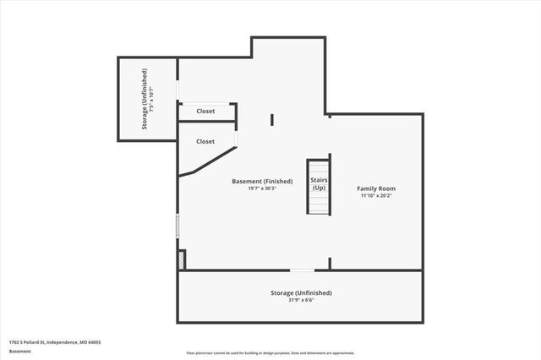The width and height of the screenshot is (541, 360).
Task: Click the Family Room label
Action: (376, 188)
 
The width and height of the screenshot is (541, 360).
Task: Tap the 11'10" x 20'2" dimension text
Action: (376, 195)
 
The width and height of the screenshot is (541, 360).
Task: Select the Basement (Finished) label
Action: (263, 181)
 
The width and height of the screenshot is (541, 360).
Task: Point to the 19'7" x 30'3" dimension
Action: (263, 188)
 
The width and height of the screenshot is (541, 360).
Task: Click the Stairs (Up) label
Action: (319, 183)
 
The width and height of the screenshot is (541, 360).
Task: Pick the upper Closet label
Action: (205, 112)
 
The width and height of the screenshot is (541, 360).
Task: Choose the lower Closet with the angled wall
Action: (205, 141)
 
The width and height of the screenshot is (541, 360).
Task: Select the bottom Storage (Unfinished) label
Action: (301, 292)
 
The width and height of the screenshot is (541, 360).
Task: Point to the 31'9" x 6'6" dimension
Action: (301, 300)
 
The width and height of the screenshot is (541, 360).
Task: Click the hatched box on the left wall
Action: (181, 260)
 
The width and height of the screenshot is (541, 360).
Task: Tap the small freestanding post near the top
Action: (271, 119)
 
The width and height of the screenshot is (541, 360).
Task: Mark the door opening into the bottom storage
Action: (302, 270)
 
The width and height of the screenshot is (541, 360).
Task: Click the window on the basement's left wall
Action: (178, 225)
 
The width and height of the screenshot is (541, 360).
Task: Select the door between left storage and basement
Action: (178, 90)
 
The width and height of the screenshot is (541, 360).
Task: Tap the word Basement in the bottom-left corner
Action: (19, 351)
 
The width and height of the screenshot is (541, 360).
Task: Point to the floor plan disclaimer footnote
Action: (270, 353)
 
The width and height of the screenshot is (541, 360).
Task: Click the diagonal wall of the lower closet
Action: (210, 162)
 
